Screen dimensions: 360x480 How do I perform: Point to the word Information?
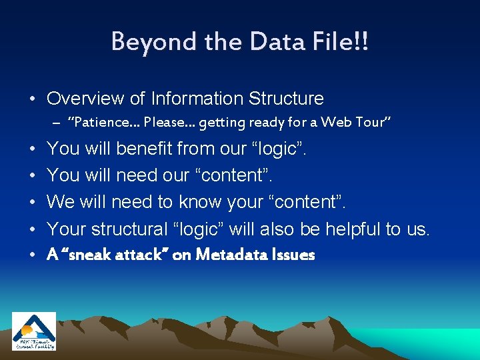click(197, 99)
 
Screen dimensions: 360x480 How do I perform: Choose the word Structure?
click(286, 99)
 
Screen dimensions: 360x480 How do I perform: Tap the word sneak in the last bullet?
click(86, 255)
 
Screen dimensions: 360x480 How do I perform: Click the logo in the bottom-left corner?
click(34, 331)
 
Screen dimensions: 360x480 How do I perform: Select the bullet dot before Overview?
click(32, 99)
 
